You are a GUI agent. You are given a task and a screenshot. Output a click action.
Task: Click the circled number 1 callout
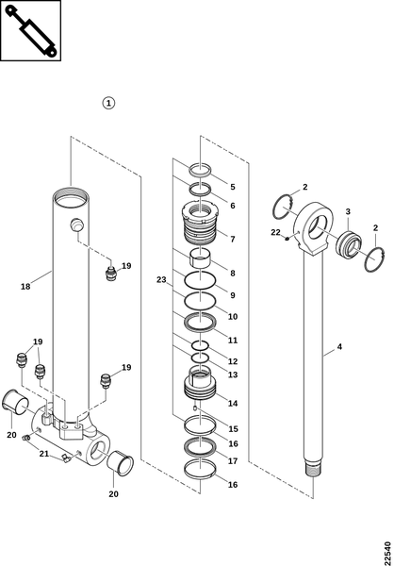point(108,103)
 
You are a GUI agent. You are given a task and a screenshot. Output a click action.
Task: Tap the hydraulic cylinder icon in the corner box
point(31,31)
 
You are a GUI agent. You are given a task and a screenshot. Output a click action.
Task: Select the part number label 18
point(25,287)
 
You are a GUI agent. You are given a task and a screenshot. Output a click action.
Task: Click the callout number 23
point(161,279)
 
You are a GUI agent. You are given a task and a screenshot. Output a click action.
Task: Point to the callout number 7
point(233,239)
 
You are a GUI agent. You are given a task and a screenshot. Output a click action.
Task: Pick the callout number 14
point(233,403)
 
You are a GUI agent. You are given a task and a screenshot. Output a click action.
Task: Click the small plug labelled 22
point(287,239)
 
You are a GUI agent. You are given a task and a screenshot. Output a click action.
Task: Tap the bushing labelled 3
point(349,246)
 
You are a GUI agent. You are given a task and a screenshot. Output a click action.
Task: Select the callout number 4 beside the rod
point(339,347)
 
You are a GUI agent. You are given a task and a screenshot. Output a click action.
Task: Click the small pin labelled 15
point(195,408)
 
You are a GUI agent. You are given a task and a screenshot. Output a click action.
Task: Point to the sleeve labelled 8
point(200,257)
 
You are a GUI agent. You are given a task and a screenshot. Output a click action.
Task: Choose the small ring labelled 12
point(200,345)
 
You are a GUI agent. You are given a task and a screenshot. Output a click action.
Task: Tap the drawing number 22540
point(387,549)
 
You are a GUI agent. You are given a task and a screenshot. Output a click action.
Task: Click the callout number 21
point(44,454)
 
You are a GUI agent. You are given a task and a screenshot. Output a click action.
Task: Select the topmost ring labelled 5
point(200,170)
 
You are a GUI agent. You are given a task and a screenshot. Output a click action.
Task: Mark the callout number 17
point(233,461)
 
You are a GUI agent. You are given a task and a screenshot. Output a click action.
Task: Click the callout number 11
point(233,340)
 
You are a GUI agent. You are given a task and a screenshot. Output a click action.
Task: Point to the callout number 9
point(233,295)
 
